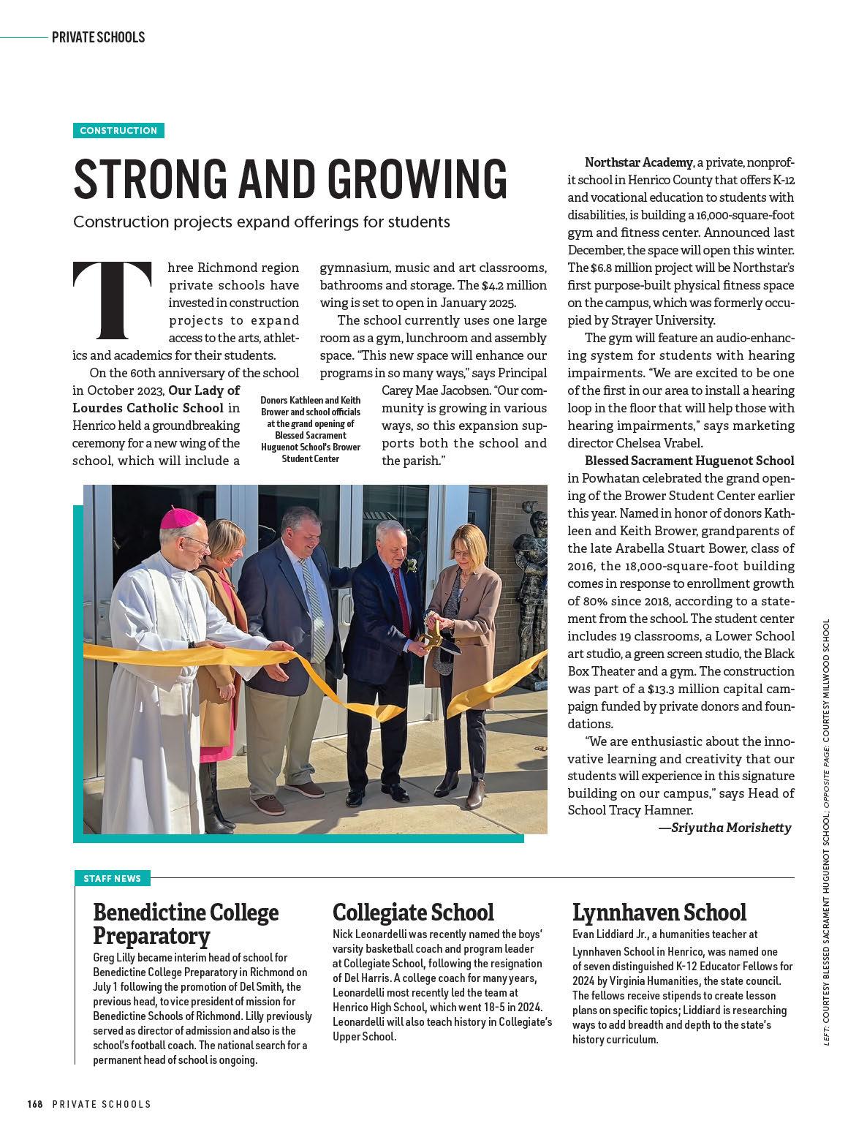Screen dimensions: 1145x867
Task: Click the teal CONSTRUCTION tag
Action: tap(118, 131)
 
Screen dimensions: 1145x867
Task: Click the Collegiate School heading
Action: tap(413, 912)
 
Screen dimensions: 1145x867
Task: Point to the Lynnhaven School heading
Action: tap(659, 912)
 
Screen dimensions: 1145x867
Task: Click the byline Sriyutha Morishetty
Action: tap(730, 828)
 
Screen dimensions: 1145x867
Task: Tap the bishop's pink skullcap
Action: tap(180, 518)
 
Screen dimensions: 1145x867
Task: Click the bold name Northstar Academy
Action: tap(638, 162)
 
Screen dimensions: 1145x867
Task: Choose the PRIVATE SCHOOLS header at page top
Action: tap(98, 37)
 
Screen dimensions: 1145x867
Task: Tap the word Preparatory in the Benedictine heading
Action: tap(151, 937)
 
